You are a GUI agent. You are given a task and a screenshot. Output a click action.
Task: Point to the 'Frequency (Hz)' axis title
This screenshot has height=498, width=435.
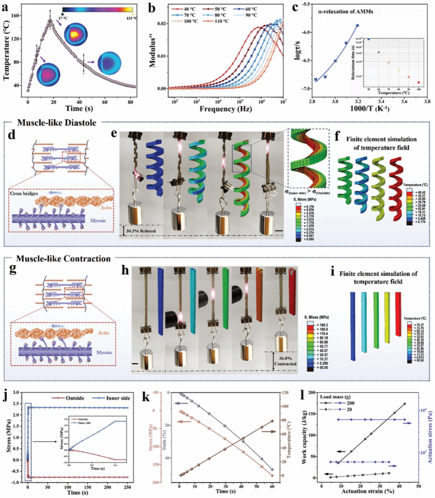point(226,109)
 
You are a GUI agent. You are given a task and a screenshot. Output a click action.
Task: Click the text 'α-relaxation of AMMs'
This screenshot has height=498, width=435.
point(345,12)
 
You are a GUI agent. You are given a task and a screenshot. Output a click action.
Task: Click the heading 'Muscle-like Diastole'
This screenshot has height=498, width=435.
point(57,123)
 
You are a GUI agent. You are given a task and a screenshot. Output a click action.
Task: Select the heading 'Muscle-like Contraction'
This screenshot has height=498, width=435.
point(63,259)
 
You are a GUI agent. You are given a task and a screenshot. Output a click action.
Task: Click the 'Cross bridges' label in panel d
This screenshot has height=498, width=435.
point(24,193)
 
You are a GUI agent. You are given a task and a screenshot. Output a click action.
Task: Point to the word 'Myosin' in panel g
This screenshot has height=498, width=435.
point(104,352)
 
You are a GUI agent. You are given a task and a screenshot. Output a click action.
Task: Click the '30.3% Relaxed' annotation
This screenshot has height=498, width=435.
point(141,231)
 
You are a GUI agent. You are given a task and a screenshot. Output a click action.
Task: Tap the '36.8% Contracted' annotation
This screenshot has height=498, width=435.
point(285,361)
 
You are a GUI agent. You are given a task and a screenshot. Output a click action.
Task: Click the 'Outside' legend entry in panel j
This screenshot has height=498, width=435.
point(75,398)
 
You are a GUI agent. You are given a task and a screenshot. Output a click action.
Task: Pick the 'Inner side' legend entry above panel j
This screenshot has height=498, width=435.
point(118,398)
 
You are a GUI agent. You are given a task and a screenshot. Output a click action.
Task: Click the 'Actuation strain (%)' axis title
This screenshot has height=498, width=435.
point(368,491)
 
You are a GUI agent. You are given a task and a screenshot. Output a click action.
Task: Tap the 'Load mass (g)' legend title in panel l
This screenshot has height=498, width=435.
point(335,397)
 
